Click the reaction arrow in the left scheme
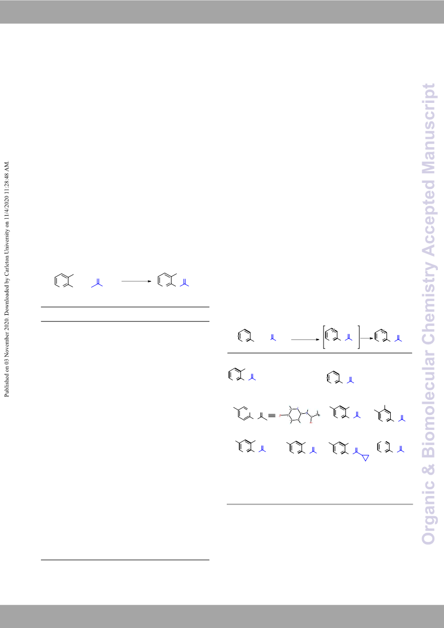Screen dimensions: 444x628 tap(137, 281)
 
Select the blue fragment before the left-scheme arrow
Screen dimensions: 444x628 tap(97, 282)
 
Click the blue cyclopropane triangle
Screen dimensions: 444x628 tap(365, 457)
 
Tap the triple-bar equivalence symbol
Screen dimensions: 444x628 tap(272, 415)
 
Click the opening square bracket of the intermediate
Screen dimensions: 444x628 tap(324, 337)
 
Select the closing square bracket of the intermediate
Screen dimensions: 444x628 tap(358, 337)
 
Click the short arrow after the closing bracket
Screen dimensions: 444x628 tap(367, 338)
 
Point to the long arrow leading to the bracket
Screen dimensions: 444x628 tap(306, 339)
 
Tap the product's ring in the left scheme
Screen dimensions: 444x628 tap(163, 280)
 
